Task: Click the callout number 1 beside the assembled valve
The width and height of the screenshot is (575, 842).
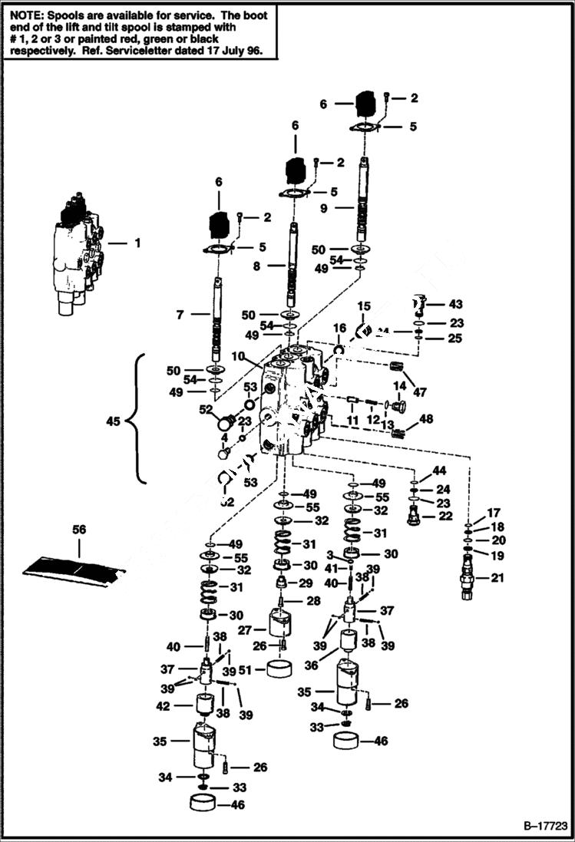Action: click(x=137, y=243)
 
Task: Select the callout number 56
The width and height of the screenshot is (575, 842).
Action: click(x=79, y=530)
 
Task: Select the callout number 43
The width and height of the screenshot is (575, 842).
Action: click(x=456, y=305)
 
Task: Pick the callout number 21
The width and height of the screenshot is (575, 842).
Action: click(x=497, y=578)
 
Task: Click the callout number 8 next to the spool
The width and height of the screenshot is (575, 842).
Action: click(x=258, y=266)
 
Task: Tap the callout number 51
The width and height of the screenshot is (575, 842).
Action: click(x=245, y=669)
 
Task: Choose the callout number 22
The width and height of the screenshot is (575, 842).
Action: click(x=446, y=516)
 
